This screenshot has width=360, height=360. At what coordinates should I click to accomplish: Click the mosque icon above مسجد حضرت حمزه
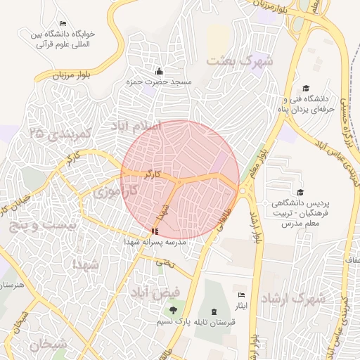point(159,71)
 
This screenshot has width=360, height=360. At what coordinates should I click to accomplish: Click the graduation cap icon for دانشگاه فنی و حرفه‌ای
point(305,88)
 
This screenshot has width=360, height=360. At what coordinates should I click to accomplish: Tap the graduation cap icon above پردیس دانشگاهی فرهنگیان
point(300,192)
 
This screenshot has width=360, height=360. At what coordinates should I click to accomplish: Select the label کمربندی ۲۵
point(62,134)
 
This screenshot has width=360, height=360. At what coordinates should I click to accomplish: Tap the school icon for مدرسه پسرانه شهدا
point(155,231)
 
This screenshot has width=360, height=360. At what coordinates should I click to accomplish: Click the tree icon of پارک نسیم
point(172,310)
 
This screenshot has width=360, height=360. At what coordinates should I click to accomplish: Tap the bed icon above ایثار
point(242,295)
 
